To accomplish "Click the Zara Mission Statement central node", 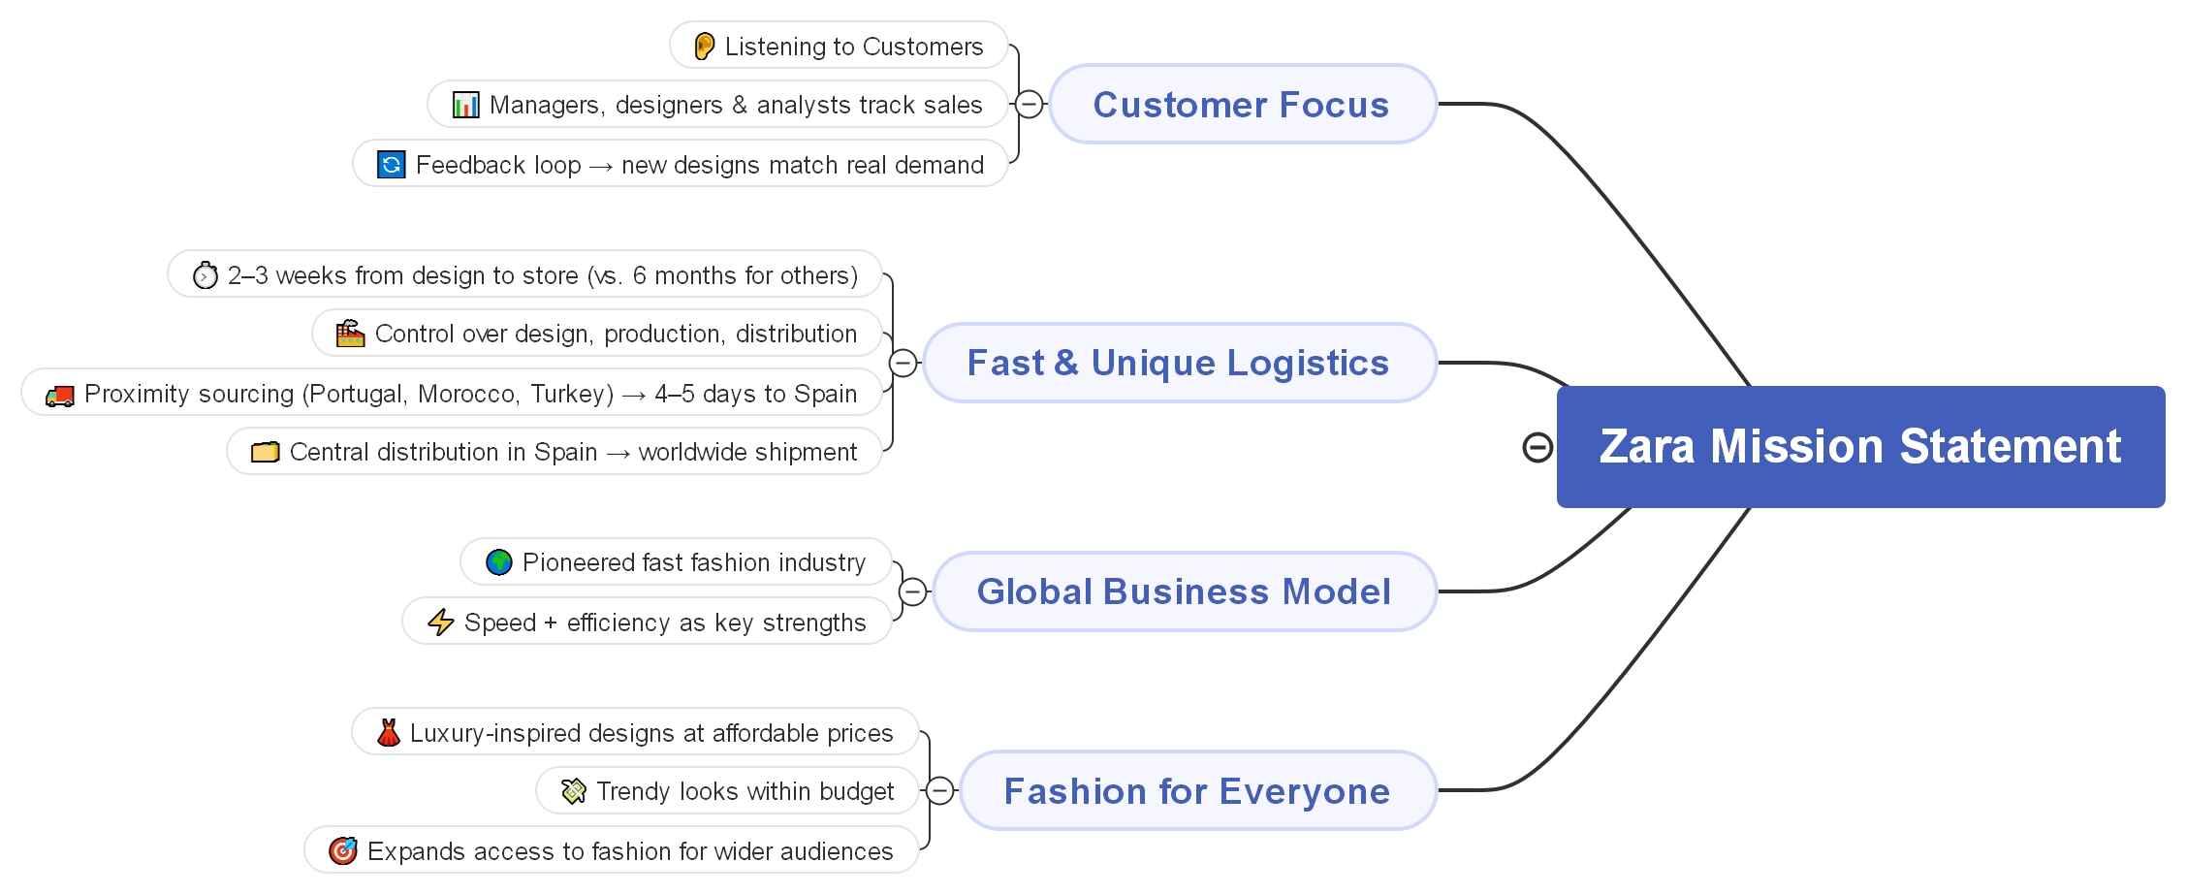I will [x=1859, y=447].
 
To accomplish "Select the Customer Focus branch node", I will [x=1241, y=105].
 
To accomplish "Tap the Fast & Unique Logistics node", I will [x=1178, y=363].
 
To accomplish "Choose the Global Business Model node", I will [x=1183, y=591].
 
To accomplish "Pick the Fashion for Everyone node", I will [x=1196, y=791].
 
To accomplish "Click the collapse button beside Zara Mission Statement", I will [x=1537, y=447].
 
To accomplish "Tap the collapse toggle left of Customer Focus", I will [x=1029, y=104].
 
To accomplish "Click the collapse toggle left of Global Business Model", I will [x=912, y=591].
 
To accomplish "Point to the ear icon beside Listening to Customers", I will [x=705, y=46].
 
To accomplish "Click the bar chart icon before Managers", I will [x=465, y=105].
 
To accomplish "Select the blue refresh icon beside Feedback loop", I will [x=391, y=165].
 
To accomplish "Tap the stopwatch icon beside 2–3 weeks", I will [x=205, y=276].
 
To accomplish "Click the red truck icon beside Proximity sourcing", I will [x=59, y=395].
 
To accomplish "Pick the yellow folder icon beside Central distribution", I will [x=265, y=453].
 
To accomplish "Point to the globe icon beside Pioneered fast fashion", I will [x=498, y=562].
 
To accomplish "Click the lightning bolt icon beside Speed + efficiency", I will [x=441, y=622].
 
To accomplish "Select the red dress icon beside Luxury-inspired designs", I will [x=388, y=733].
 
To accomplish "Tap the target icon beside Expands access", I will [x=342, y=851].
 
